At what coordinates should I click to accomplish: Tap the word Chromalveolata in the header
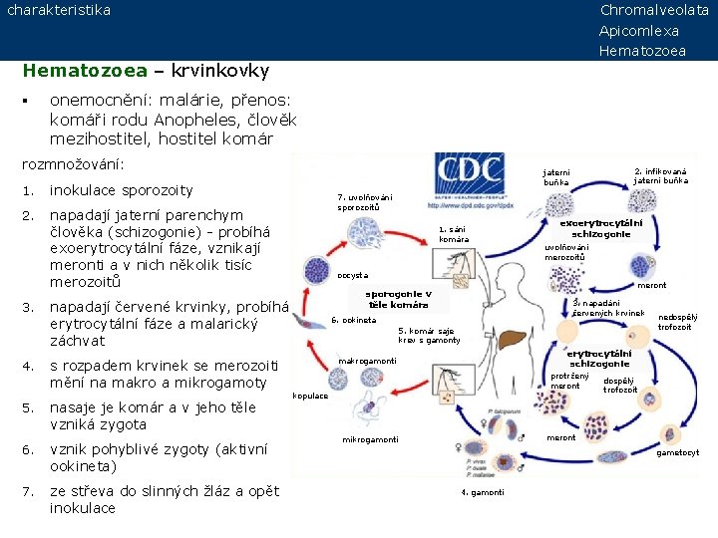[654, 10]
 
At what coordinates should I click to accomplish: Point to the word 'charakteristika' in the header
[59, 10]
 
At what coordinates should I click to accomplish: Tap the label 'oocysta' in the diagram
[353, 274]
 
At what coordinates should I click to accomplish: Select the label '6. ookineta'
[354, 320]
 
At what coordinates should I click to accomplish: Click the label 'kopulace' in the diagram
[310, 396]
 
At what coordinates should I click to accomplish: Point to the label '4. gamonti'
[483, 492]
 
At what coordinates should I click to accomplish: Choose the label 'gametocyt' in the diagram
[678, 452]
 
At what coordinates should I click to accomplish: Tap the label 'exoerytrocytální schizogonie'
[600, 228]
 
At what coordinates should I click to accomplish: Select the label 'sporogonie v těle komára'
[398, 299]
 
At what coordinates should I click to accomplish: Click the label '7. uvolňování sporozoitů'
[364, 202]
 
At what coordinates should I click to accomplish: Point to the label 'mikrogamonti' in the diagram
[370, 439]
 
